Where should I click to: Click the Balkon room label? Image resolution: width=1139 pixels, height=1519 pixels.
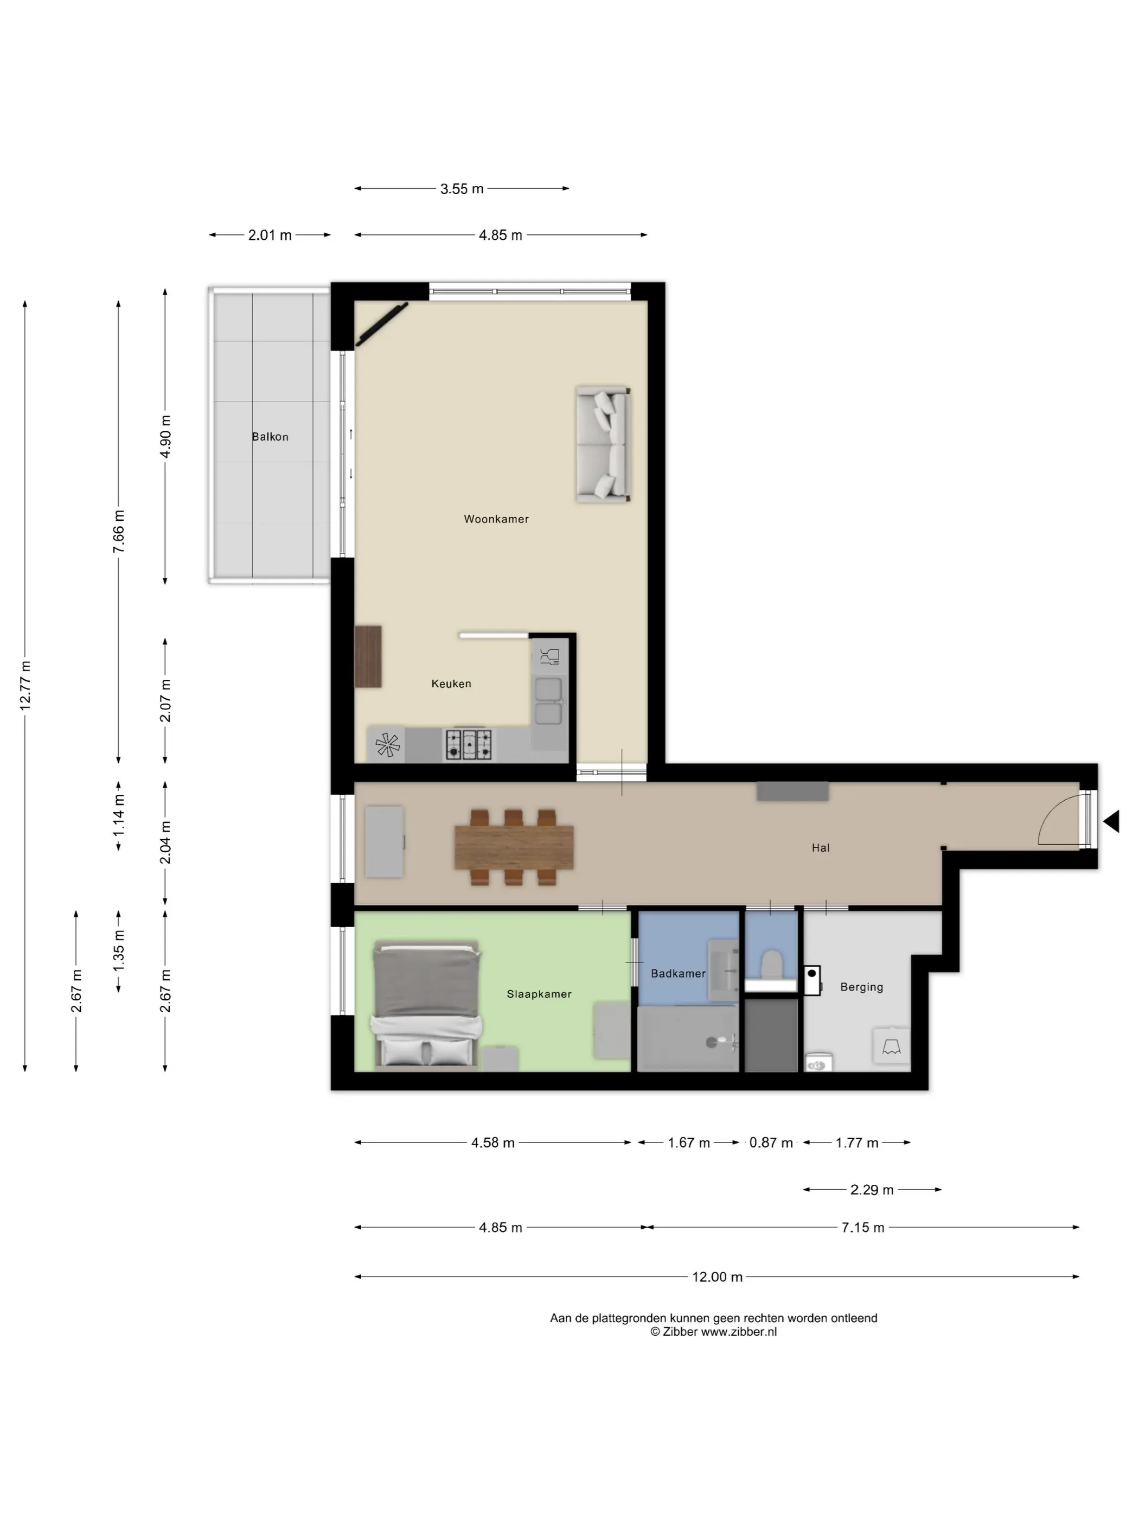pos(270,437)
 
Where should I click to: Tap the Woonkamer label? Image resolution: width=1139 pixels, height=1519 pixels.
pos(496,519)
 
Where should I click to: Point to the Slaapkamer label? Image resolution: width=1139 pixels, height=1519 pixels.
pos(539,994)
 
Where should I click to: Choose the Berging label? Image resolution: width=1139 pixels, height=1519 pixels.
pos(862,987)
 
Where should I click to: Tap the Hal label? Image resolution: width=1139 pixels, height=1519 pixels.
pos(821,847)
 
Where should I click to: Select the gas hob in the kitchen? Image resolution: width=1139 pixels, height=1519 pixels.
pos(469,744)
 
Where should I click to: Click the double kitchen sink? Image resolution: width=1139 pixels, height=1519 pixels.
pos(548,701)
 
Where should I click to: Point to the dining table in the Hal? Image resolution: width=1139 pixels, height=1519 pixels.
pos(514,847)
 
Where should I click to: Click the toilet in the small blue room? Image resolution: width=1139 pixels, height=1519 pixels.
pos(772,963)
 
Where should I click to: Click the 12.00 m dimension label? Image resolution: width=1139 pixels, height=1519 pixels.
pos(717,1277)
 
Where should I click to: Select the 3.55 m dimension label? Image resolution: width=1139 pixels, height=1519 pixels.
pos(462,189)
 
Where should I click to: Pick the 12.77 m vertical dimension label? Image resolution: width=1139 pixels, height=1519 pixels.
pos(25,685)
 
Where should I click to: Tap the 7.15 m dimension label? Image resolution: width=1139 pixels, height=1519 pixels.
pos(863,1227)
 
